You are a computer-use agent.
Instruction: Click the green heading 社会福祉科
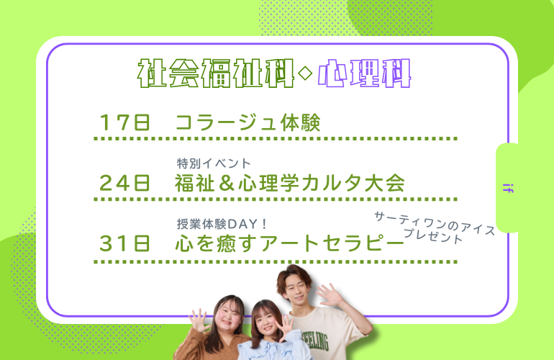click(x=216, y=73)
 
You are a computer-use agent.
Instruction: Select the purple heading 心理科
click(x=364, y=73)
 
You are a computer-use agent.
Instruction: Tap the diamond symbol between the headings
click(x=305, y=73)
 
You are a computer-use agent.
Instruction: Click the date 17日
click(x=124, y=122)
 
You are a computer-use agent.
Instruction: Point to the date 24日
click(x=124, y=183)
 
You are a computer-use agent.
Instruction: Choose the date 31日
click(x=124, y=243)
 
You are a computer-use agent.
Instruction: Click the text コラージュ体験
click(x=248, y=122)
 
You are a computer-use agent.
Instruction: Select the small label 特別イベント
click(x=214, y=163)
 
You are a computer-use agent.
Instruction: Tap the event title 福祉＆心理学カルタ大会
click(x=290, y=183)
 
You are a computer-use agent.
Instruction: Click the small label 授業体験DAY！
click(x=222, y=224)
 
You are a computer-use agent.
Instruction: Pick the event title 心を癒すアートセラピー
click(x=289, y=243)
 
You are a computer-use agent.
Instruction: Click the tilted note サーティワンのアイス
click(x=435, y=223)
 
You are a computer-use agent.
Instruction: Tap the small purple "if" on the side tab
click(x=508, y=188)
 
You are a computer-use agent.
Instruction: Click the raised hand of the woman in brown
click(x=199, y=320)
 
